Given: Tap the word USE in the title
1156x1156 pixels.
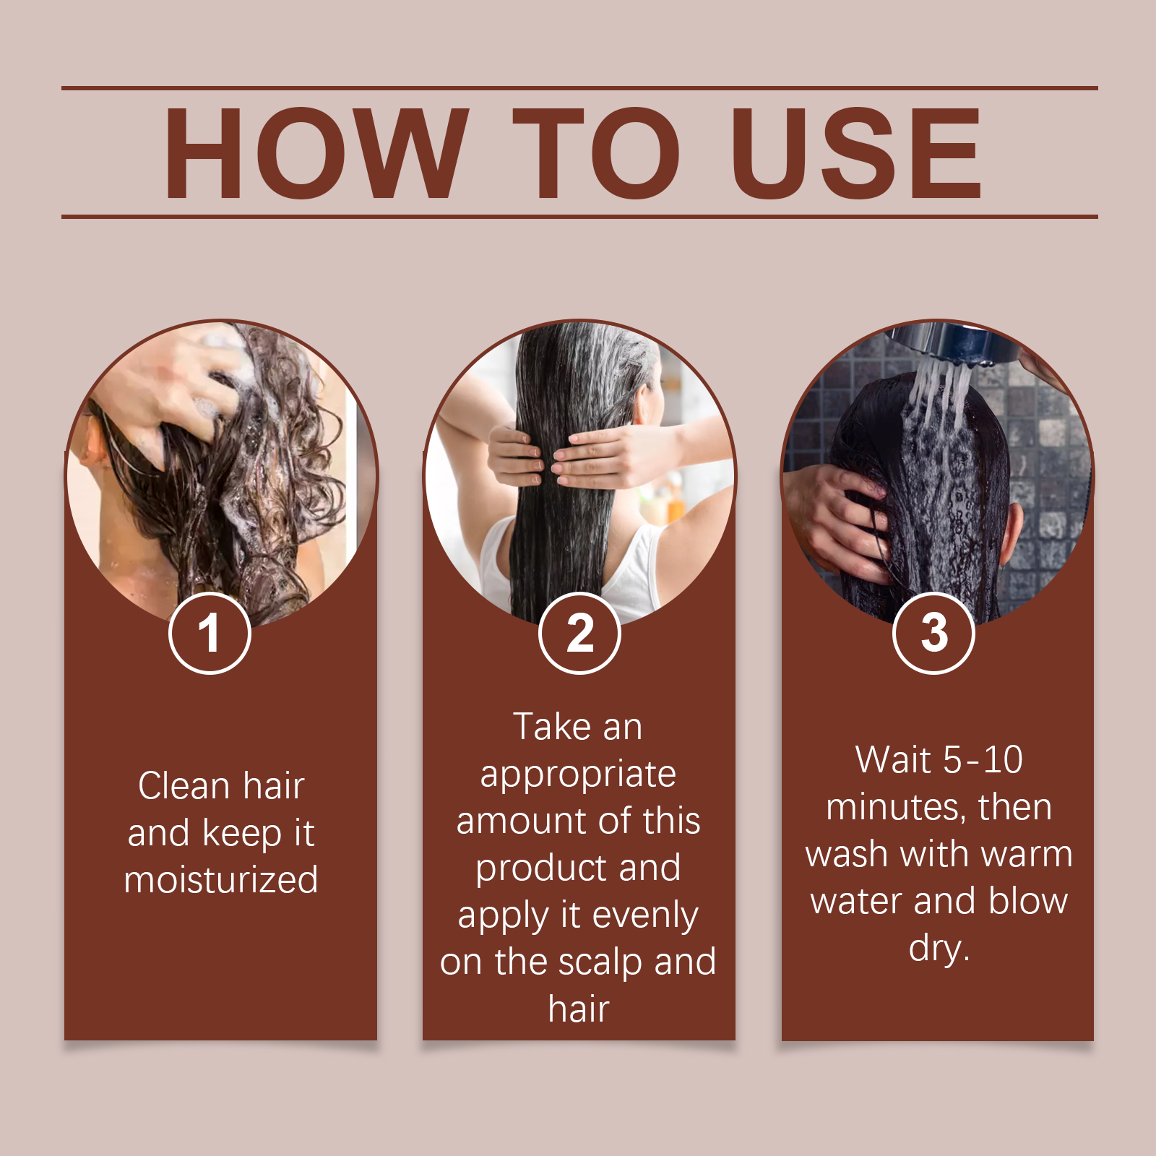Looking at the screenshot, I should tap(856, 152).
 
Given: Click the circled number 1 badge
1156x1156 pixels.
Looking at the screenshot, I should tap(210, 633).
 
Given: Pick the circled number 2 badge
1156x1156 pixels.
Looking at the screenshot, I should tap(579, 633).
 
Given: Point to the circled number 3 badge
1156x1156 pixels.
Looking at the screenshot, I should tap(933, 633).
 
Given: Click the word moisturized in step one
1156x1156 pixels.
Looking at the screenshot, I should tap(221, 879).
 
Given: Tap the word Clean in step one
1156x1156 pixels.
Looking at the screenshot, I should tap(184, 786).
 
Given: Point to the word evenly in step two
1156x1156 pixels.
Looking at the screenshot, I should tap(645, 916).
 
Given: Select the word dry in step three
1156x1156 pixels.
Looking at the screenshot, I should tap(936, 948).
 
